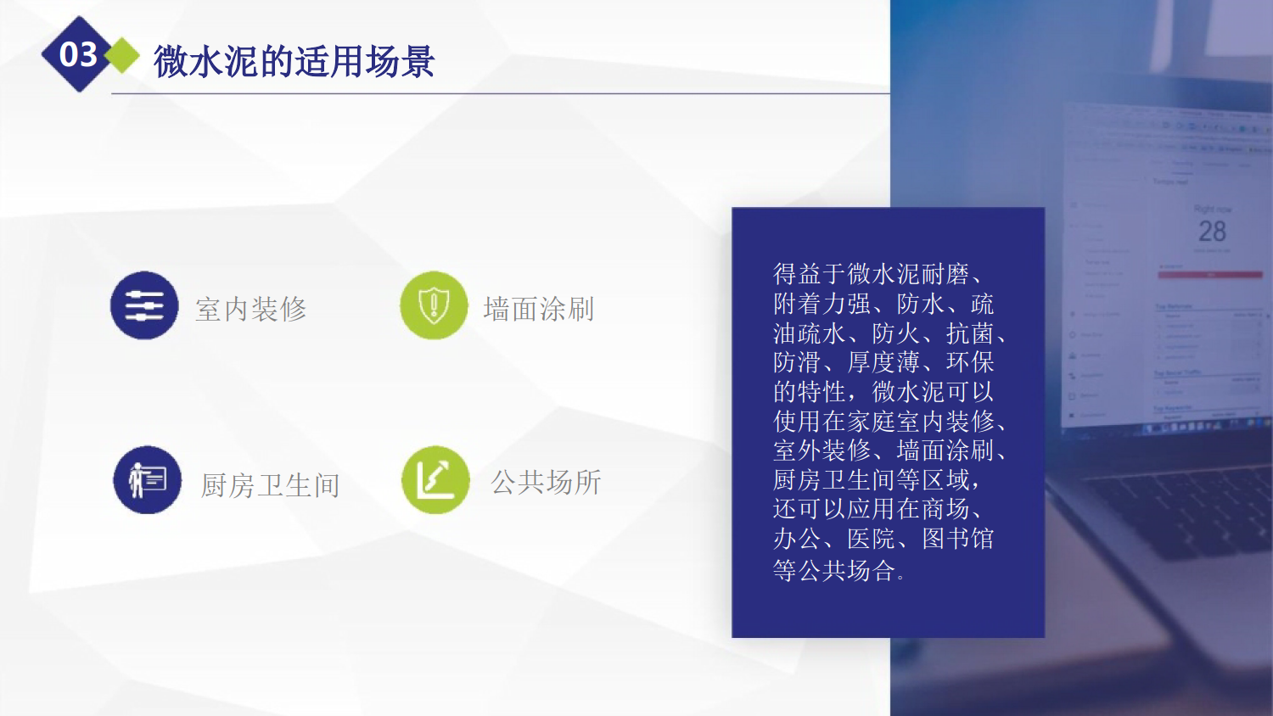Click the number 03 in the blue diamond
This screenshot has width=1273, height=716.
point(78,54)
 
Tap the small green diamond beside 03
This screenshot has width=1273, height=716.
point(122,55)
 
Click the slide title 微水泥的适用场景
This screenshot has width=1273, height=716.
point(294,61)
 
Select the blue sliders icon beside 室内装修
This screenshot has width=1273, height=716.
point(144,305)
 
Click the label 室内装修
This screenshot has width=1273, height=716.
point(250,310)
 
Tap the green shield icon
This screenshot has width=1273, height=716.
point(434,305)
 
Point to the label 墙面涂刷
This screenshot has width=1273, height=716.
point(539,310)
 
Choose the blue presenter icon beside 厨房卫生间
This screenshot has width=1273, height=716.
point(147,479)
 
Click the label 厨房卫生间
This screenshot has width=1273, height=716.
point(270,485)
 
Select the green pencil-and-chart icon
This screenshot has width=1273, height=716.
point(435,479)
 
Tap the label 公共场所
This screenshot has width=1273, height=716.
point(546,482)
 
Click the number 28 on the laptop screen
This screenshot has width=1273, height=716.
point(1212,232)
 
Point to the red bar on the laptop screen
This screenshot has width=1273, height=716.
point(1210,275)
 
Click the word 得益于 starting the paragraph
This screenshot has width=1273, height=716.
point(810,274)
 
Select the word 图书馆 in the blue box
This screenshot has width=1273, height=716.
point(957,538)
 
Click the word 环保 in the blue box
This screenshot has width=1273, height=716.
point(970,362)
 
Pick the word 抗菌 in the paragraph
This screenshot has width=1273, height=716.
point(970,333)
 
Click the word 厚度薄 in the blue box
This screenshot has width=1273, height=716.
point(883,362)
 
